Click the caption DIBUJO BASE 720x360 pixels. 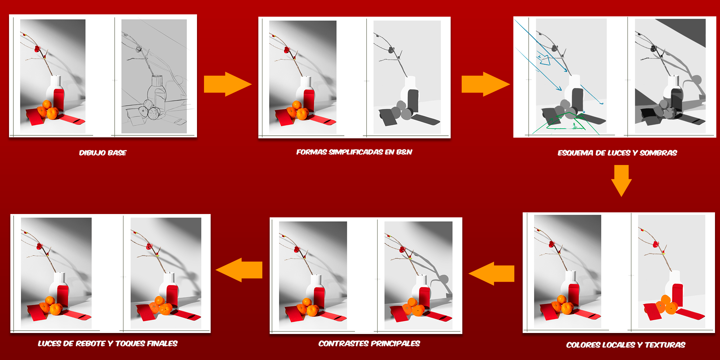(103, 153)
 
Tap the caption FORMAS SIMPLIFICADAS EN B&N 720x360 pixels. (354, 152)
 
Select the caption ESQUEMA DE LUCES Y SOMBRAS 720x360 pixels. (617, 153)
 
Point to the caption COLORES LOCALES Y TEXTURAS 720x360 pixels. (626, 345)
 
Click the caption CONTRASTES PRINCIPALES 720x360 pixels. (369, 343)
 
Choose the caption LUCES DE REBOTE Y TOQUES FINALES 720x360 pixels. (108, 343)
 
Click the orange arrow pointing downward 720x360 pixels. (621, 181)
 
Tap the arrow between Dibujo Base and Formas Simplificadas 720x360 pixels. (228, 84)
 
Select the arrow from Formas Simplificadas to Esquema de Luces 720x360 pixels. (486, 84)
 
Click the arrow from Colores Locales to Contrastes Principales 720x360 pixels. (491, 273)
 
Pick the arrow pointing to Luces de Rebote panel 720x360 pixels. (239, 270)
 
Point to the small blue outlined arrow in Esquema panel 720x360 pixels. (544, 59)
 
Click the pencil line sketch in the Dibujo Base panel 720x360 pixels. (154, 76)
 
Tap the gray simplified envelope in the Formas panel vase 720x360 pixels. (413, 101)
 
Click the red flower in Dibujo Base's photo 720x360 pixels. (37, 49)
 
